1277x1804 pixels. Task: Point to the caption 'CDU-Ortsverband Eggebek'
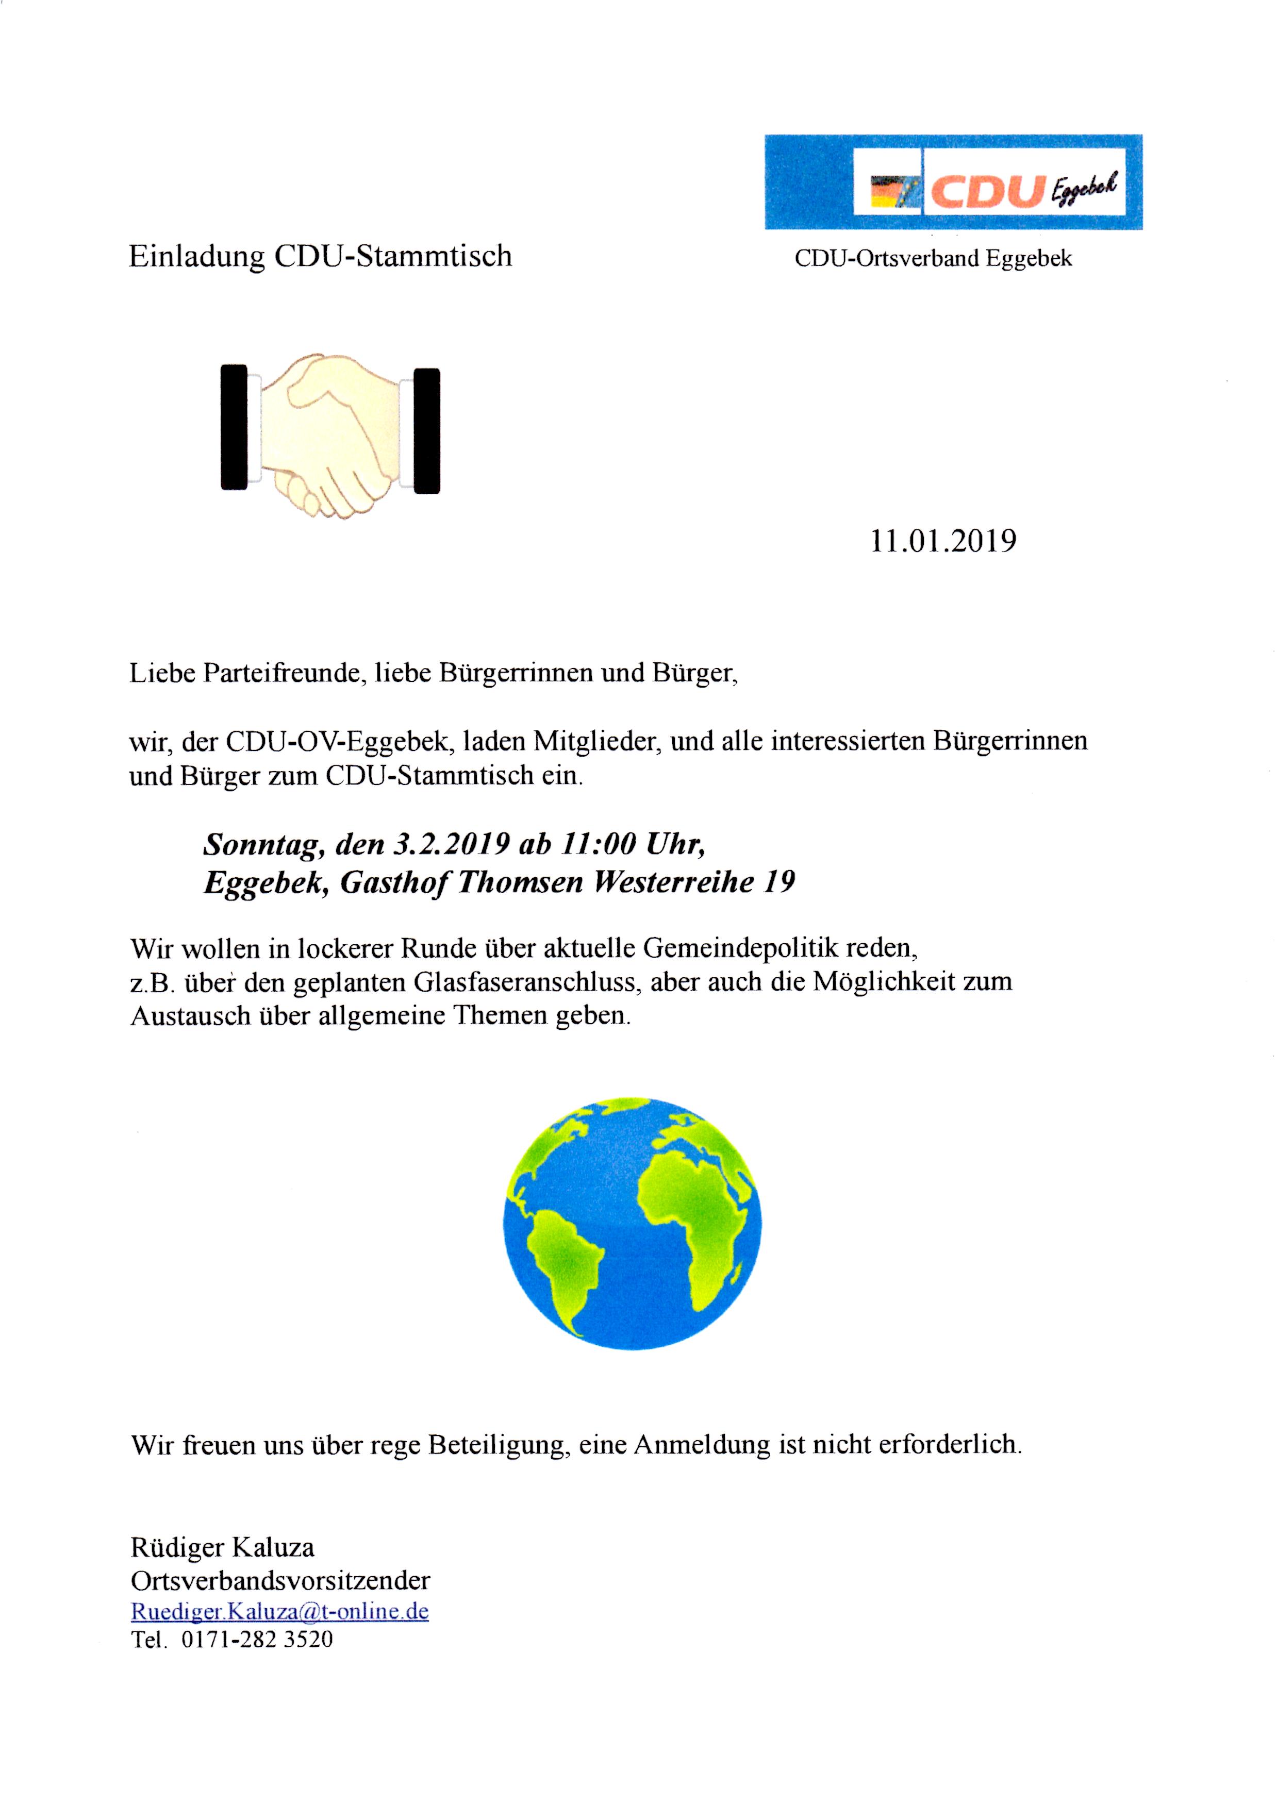coord(933,259)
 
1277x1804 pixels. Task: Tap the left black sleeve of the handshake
coord(234,427)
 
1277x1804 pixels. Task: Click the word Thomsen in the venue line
coord(520,882)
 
